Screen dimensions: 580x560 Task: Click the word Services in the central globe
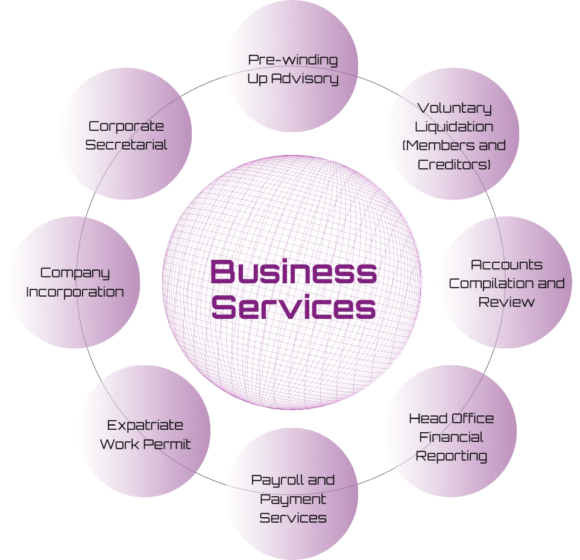pyautogui.click(x=293, y=307)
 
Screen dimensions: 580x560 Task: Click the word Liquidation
pyautogui.click(x=454, y=127)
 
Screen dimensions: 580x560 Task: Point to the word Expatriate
pyautogui.click(x=145, y=426)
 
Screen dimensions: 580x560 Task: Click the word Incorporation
pyautogui.click(x=75, y=292)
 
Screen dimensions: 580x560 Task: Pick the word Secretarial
pyautogui.click(x=126, y=145)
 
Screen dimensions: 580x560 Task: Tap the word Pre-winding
pyautogui.click(x=293, y=60)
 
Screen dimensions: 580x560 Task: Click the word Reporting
pyautogui.click(x=451, y=456)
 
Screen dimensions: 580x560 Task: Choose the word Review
pyautogui.click(x=506, y=302)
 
